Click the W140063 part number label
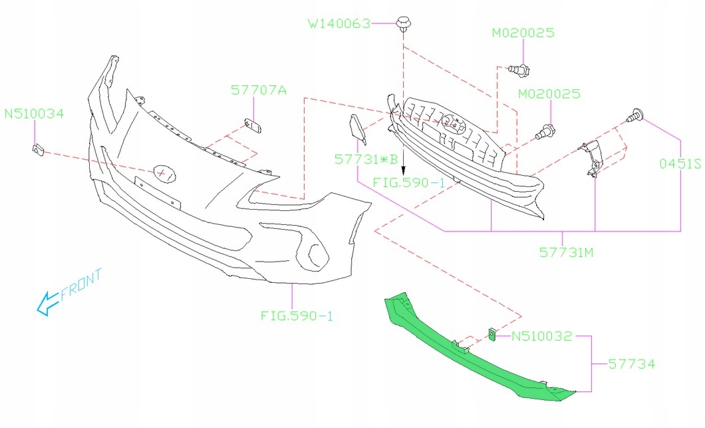[x=339, y=23]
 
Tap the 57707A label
[x=259, y=89]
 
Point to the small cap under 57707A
[x=251, y=125]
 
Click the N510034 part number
[x=34, y=114]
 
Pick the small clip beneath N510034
[x=38, y=150]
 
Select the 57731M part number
[x=567, y=252]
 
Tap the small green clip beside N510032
[x=492, y=335]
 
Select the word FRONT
[x=81, y=284]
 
